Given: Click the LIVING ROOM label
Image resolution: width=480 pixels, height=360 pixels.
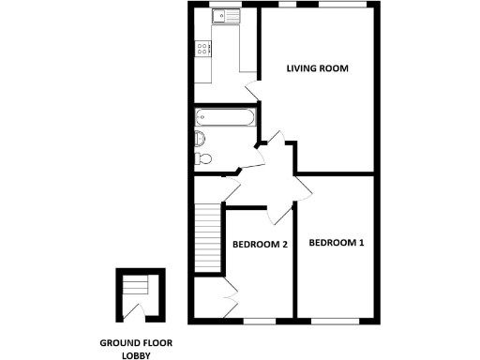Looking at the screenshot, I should (318, 68).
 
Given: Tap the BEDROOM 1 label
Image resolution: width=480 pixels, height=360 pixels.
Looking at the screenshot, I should (337, 244).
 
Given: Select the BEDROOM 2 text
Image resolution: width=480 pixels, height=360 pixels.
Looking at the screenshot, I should (260, 245).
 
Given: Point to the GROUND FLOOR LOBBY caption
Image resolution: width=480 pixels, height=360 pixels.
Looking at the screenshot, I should (137, 349).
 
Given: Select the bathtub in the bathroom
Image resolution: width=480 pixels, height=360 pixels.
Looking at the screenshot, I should (224, 119).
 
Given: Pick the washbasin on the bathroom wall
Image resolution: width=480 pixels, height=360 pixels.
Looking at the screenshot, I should (204, 158).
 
